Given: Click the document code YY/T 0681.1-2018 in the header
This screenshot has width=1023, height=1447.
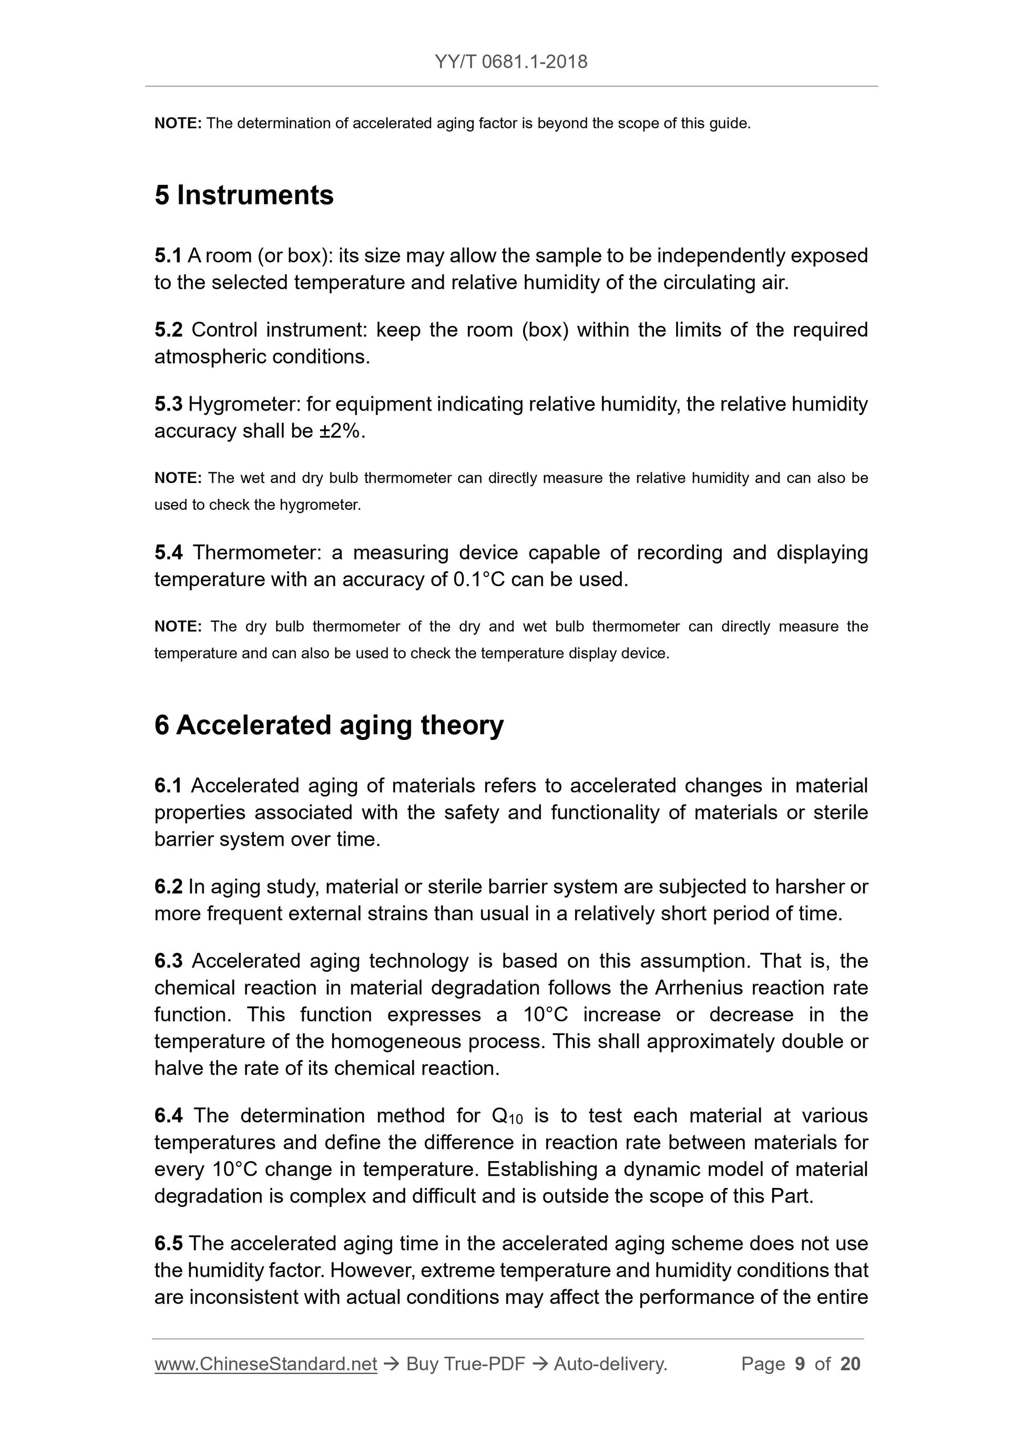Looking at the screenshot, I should (510, 62).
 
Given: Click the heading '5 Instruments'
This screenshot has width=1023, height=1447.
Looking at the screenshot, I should (244, 196).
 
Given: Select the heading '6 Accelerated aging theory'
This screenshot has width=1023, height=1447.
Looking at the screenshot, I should (329, 725).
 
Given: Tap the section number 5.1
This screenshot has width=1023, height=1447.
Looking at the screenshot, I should (168, 256).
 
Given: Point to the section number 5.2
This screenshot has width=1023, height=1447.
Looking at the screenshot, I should (168, 330).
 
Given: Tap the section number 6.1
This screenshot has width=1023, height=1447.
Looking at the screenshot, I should (168, 786).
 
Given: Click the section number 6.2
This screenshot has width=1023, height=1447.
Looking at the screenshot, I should (168, 887).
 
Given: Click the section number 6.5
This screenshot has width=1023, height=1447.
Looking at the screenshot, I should (168, 1244).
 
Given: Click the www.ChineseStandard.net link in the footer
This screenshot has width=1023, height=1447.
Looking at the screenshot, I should (265, 1364).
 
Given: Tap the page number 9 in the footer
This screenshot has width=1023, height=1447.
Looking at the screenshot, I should (800, 1364).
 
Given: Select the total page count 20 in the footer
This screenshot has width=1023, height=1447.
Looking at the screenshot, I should (850, 1364).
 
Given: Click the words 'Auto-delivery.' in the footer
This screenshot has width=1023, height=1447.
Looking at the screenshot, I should (610, 1364).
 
